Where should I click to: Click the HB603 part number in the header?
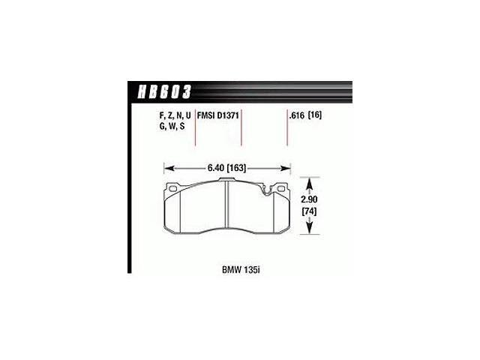[165, 91]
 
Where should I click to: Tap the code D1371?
[228, 115]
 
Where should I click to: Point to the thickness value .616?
[297, 115]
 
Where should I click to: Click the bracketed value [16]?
[315, 115]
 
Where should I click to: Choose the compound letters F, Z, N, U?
[175, 115]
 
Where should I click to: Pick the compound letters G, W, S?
[172, 126]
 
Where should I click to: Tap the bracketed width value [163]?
[237, 168]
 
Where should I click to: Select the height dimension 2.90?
[309, 199]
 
